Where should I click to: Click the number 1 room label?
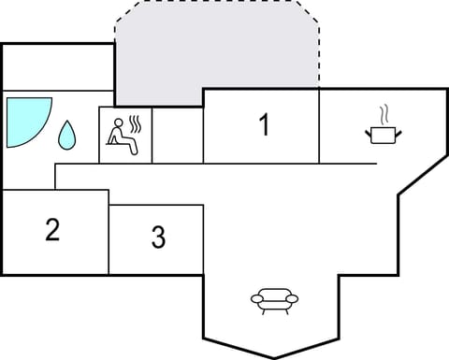click(x=265, y=124)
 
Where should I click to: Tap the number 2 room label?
click(x=52, y=230)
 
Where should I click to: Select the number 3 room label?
click(x=159, y=238)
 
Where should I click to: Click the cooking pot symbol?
click(x=381, y=136)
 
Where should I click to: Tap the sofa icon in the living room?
click(x=275, y=299)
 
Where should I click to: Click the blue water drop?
click(x=67, y=137)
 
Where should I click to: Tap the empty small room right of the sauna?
click(x=177, y=135)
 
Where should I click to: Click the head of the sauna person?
click(x=116, y=122)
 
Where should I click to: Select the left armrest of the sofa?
click(x=255, y=299)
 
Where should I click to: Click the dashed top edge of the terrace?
click(x=215, y=4)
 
